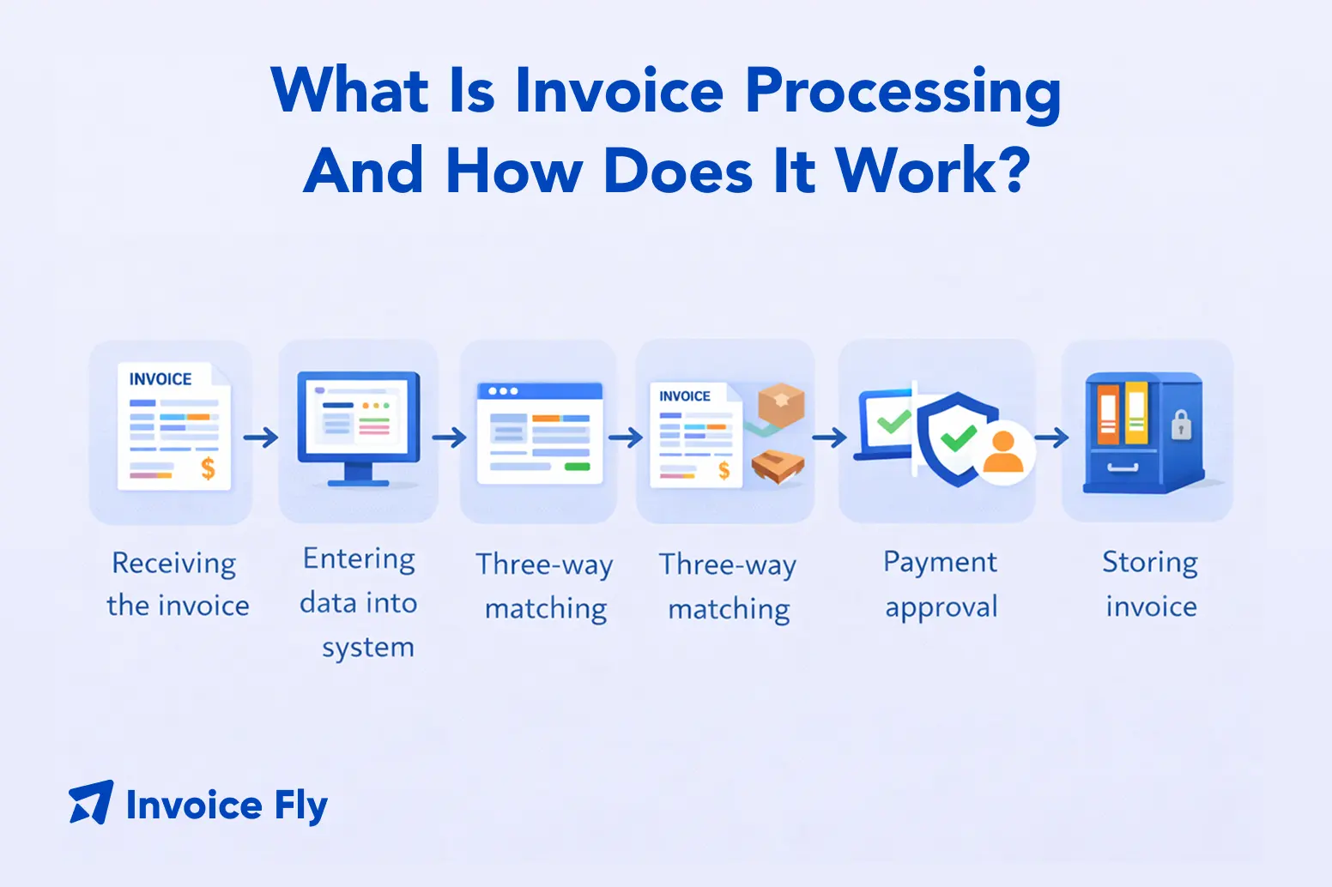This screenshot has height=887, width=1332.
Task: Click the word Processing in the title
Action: (x=903, y=93)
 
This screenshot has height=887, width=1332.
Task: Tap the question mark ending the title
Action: (x=1013, y=170)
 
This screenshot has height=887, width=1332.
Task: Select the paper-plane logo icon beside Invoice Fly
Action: (x=91, y=803)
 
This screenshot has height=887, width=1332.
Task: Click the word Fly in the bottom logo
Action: (x=300, y=806)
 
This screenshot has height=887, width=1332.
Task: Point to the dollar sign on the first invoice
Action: (x=208, y=468)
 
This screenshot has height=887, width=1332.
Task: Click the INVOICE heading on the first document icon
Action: (x=160, y=379)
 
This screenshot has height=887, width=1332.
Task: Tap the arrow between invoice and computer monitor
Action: (x=261, y=437)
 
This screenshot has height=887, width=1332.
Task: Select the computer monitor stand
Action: (x=359, y=474)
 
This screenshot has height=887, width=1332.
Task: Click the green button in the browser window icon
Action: (x=578, y=467)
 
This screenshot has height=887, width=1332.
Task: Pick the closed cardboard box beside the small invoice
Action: (x=781, y=405)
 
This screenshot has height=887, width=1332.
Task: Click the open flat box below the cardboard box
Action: (x=778, y=466)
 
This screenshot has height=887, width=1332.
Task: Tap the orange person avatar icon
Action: (x=1002, y=453)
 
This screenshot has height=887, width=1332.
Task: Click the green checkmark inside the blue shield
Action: (x=958, y=438)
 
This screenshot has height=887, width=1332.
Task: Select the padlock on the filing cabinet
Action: (x=1182, y=425)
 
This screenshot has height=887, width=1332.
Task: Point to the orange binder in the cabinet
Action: (x=1108, y=413)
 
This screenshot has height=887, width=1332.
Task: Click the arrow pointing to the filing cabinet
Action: (x=1051, y=438)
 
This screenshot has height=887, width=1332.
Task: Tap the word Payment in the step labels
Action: (x=940, y=563)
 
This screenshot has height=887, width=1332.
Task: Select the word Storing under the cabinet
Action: (x=1150, y=563)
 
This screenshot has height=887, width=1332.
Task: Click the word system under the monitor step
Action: (x=368, y=648)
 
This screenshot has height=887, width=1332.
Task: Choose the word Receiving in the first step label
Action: (x=174, y=564)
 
